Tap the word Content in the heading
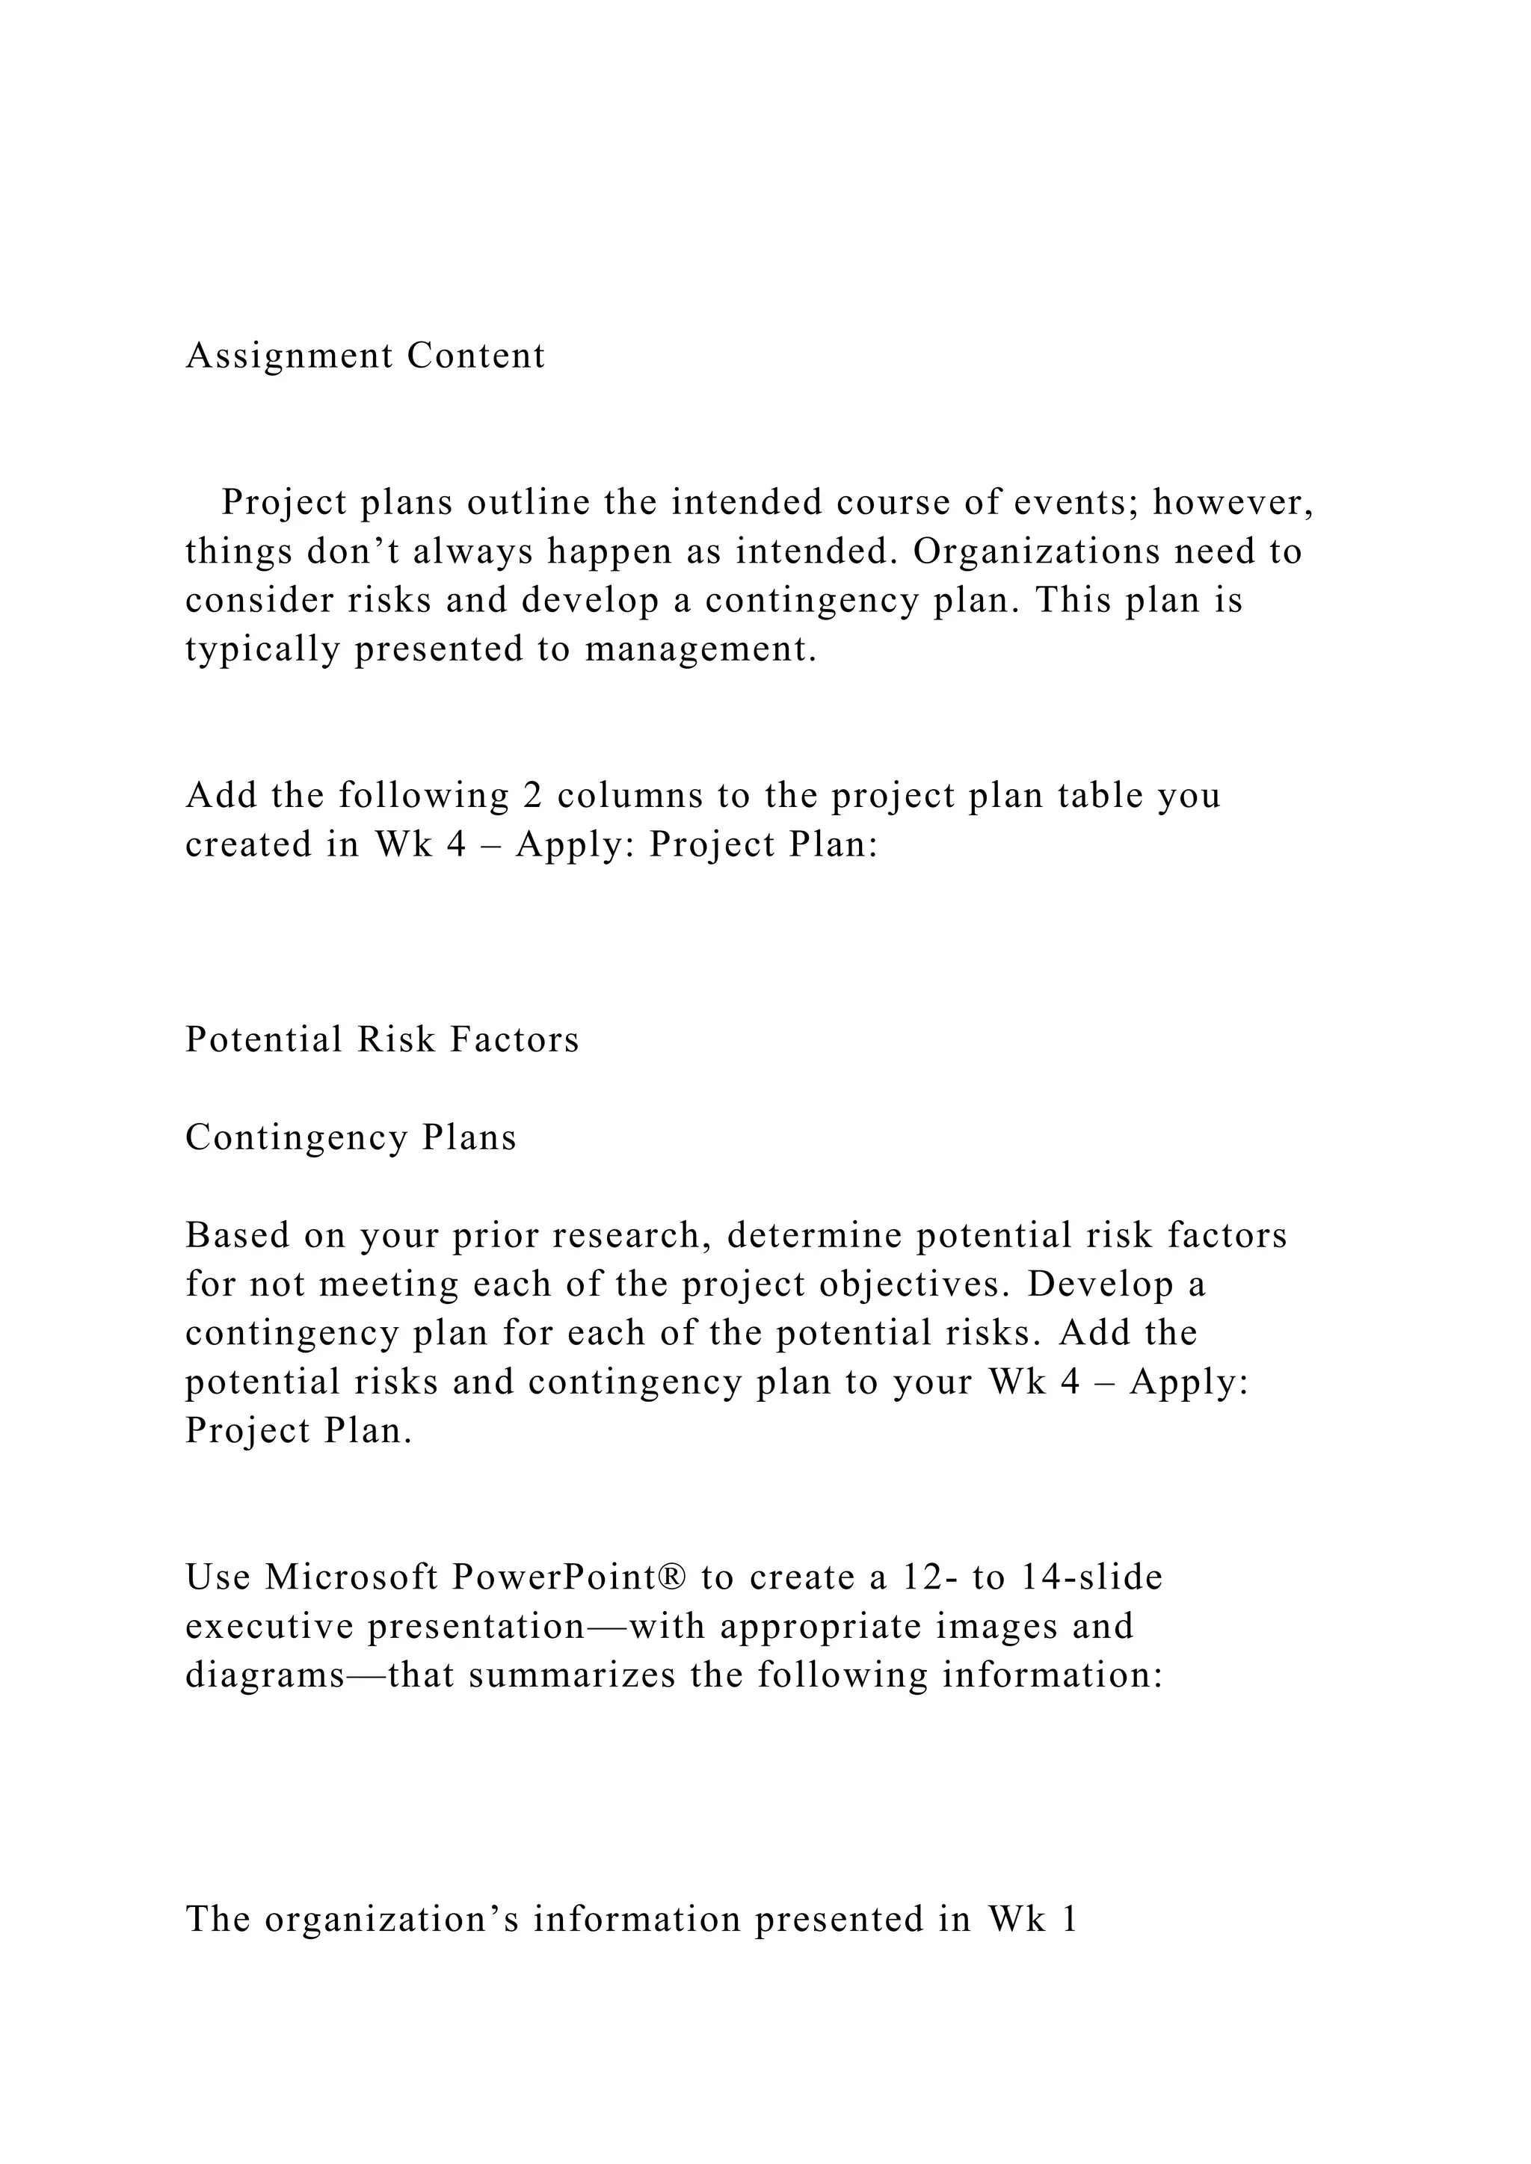coord(476,356)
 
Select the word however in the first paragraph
coord(1231,504)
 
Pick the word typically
coord(262,649)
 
